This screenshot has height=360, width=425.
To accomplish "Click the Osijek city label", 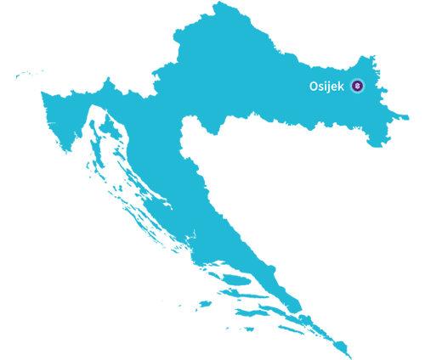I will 326,86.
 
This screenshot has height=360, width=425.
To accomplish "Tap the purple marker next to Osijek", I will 357,86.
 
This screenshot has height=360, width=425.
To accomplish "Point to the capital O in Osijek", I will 314,86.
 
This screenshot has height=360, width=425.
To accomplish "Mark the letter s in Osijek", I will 322,87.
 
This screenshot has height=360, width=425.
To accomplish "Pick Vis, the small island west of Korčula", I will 203,303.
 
